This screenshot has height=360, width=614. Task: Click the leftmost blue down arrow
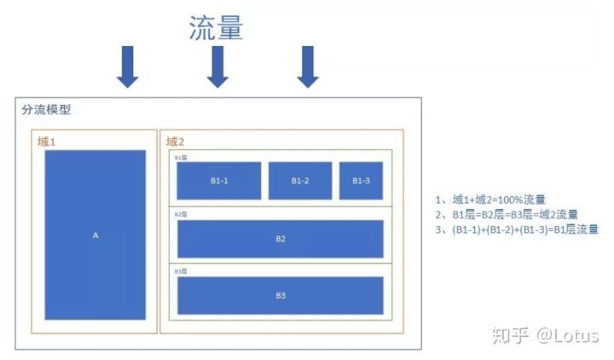(127, 67)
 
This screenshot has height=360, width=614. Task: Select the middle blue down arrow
(218, 67)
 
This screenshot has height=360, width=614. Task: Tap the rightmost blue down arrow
(309, 67)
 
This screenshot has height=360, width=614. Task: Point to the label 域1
(47, 141)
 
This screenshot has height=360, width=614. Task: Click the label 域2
(176, 141)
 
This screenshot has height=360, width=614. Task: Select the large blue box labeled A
(96, 235)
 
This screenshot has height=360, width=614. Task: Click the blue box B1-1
(218, 181)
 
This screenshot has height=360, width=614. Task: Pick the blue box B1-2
(300, 181)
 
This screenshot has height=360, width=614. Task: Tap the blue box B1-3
(361, 181)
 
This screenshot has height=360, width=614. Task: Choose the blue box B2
(281, 239)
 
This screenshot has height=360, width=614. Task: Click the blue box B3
(281, 295)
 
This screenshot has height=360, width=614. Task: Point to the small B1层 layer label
(181, 158)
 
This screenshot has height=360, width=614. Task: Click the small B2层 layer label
(181, 214)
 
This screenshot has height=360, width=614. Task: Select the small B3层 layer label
(181, 270)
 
